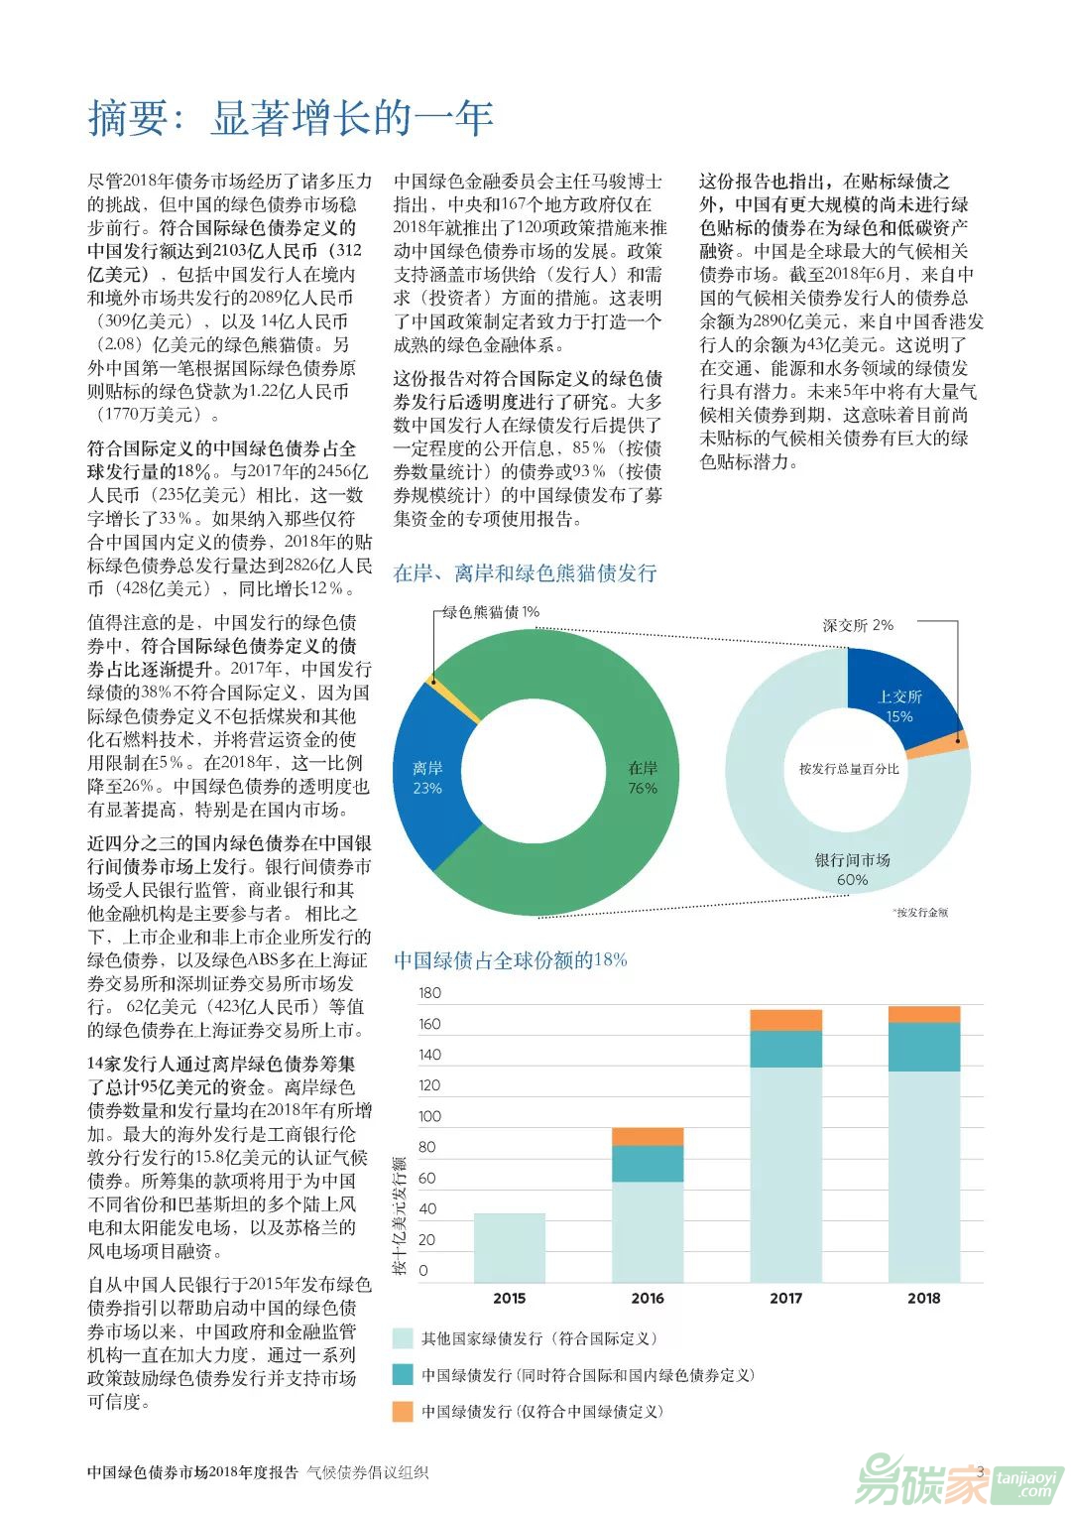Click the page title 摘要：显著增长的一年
click(x=291, y=119)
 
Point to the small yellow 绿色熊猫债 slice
click(x=432, y=681)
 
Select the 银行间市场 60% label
click(x=852, y=868)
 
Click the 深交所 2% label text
click(x=858, y=625)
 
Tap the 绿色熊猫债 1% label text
click(x=490, y=612)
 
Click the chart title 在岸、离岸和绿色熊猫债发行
click(x=525, y=573)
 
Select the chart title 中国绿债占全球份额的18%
click(x=510, y=959)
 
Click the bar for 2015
click(x=510, y=1247)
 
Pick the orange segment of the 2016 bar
click(x=648, y=1137)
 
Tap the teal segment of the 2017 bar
click(x=785, y=1049)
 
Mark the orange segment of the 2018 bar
click(x=923, y=1014)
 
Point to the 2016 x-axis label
click(x=648, y=1298)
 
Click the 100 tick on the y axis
click(x=429, y=1116)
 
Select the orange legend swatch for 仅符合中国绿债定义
click(x=403, y=1411)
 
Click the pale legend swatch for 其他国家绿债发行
click(x=403, y=1338)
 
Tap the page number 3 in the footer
click(x=980, y=1472)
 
